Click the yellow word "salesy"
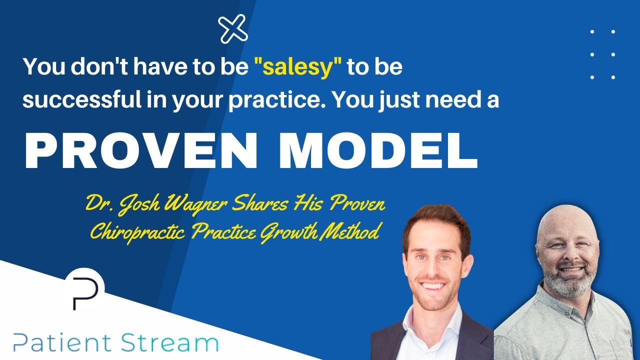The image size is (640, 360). pos(298,68)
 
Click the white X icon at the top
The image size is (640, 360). pos(233,28)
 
